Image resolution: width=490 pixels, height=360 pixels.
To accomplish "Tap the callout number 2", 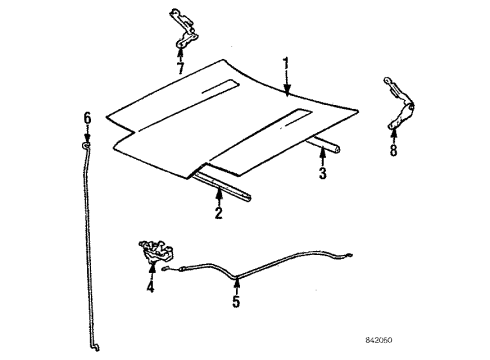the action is (218, 213).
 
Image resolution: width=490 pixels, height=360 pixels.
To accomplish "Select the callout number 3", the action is (323, 174).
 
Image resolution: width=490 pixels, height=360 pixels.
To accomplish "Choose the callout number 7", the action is (180, 69).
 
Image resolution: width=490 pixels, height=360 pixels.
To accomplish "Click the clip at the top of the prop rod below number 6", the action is (85, 148).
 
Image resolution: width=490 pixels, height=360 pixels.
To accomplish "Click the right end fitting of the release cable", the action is (347, 260).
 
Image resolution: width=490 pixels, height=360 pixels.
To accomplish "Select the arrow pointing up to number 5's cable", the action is (236, 281).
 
